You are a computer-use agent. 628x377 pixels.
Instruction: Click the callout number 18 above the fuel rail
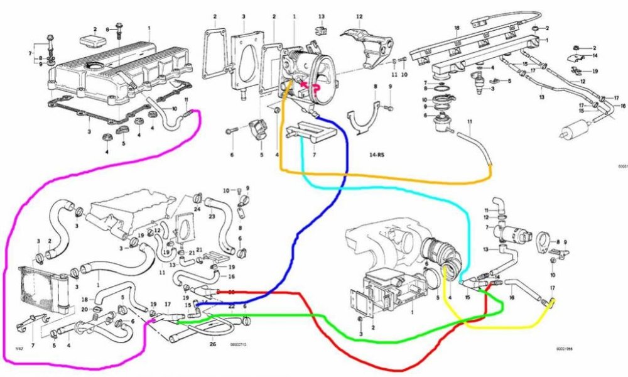click(457, 28)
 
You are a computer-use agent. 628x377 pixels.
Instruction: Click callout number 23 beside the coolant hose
click(212, 216)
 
